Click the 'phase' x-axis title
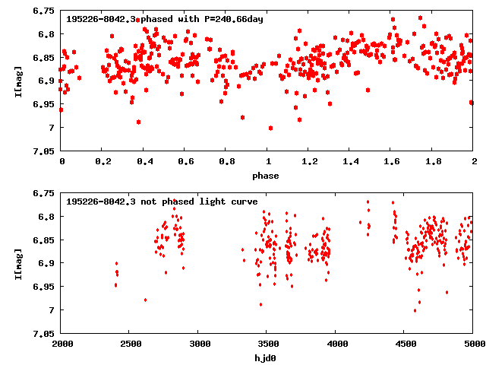[267, 176]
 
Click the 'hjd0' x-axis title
[267, 358]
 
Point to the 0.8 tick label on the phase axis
[226, 162]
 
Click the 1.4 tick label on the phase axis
[349, 162]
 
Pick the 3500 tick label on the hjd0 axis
[267, 344]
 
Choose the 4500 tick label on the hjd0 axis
[405, 344]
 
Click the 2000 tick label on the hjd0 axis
[62, 344]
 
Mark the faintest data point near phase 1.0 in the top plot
[270, 128]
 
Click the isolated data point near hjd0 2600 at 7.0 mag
[145, 300]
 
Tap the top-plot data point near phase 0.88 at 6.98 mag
[242, 117]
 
